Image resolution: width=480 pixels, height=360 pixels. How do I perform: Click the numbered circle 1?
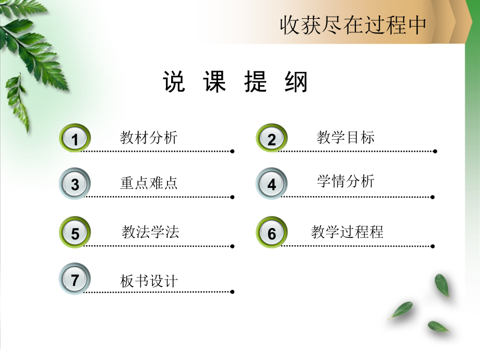(x=75, y=139)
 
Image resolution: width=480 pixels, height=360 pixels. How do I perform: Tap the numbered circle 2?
(x=272, y=139)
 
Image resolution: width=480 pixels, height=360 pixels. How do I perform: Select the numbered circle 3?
(x=75, y=184)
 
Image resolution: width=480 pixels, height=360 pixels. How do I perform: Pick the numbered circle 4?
(x=272, y=184)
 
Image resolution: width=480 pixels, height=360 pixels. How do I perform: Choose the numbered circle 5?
(x=75, y=233)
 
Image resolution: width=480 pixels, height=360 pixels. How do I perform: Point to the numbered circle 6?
(x=272, y=233)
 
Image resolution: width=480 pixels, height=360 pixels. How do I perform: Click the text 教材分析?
(x=149, y=138)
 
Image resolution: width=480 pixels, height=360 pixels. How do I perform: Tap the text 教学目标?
(x=345, y=138)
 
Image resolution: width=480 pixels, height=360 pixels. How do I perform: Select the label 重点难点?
(x=149, y=183)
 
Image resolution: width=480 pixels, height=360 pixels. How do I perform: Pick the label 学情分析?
(x=345, y=181)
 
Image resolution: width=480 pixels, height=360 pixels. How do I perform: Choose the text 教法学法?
(x=150, y=232)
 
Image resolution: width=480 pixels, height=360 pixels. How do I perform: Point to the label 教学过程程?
(x=347, y=232)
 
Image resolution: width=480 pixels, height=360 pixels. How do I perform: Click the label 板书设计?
(x=149, y=281)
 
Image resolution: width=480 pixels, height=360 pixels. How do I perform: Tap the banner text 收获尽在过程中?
(x=353, y=25)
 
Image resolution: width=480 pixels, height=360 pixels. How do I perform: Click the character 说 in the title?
(x=174, y=82)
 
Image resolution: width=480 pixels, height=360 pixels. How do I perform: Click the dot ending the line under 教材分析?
(x=232, y=151)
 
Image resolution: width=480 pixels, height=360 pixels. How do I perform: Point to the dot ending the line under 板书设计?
(x=232, y=292)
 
